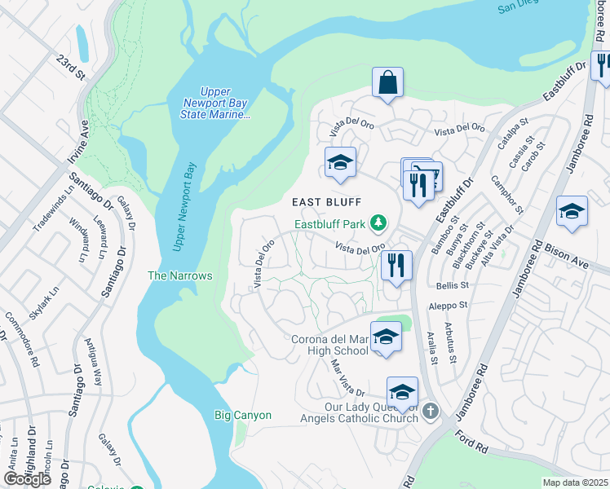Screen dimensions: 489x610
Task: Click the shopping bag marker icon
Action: point(387,82)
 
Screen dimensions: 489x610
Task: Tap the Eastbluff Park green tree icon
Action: point(378,222)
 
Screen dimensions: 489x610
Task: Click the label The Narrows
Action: point(179,275)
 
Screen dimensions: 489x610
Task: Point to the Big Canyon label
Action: point(242,415)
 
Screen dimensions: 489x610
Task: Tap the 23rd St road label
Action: point(71,67)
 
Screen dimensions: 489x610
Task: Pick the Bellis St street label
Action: point(453,286)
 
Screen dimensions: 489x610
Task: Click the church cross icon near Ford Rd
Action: point(431,413)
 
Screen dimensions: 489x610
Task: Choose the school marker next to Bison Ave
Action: point(572,211)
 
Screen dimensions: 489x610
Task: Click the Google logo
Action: point(27,478)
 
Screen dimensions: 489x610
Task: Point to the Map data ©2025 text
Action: point(575,482)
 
